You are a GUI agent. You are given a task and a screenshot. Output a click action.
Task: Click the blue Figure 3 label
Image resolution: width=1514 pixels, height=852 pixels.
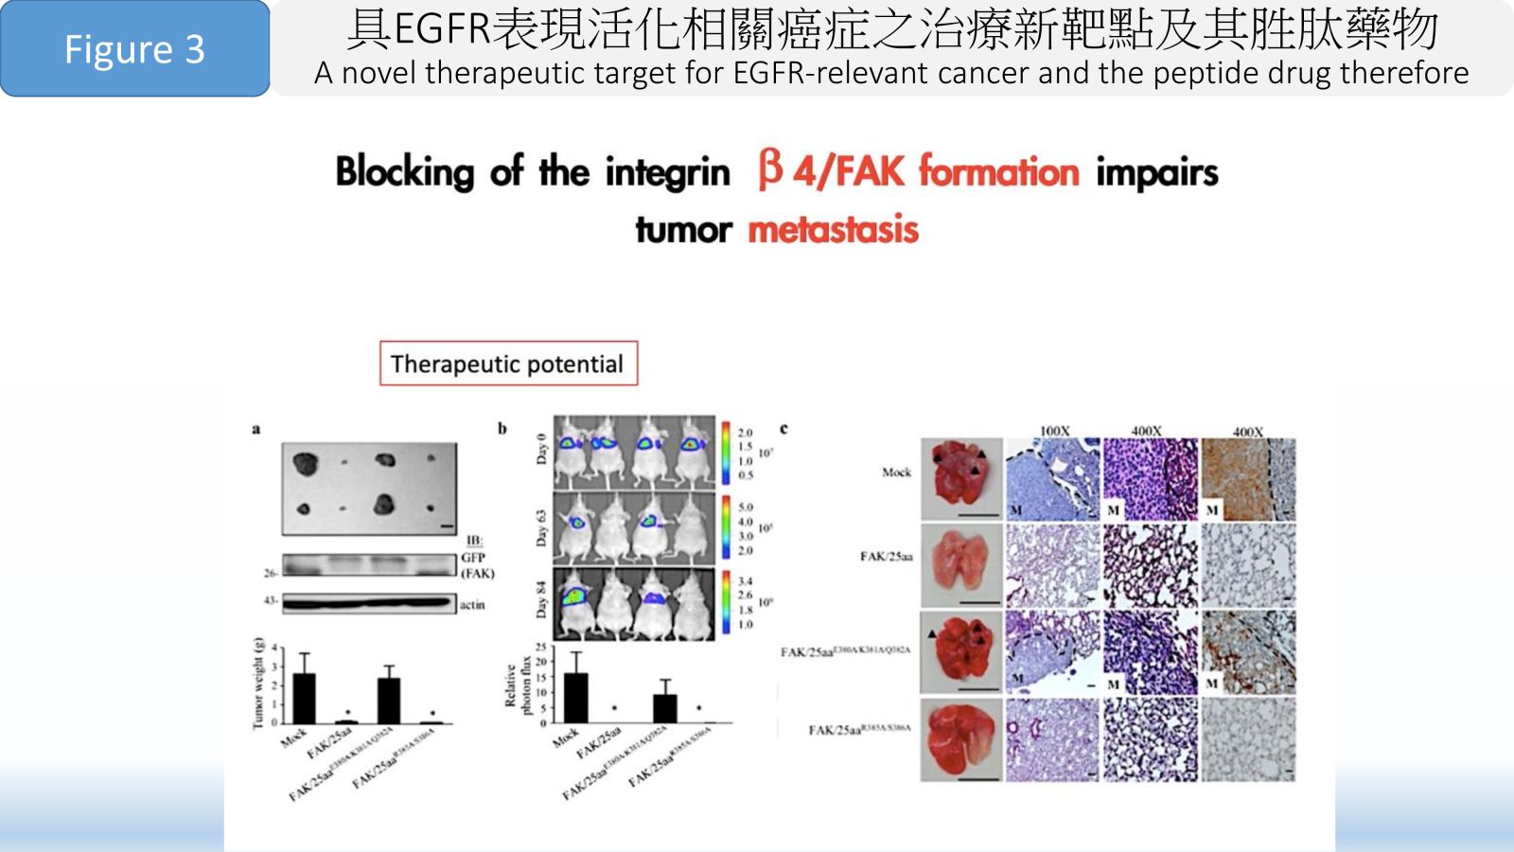pyautogui.click(x=134, y=49)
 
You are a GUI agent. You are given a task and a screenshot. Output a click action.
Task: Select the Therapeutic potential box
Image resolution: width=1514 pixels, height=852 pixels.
pyautogui.click(x=508, y=364)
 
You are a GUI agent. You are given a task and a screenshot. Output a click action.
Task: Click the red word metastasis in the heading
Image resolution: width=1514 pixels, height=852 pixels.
pyautogui.click(x=833, y=229)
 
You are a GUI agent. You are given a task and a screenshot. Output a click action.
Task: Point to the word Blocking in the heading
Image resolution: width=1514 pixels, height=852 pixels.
pyautogui.click(x=405, y=172)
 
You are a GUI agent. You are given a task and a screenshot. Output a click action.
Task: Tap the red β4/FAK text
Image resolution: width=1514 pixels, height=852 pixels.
pyautogui.click(x=830, y=171)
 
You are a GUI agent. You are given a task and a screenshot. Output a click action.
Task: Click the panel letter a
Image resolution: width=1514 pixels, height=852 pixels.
pyautogui.click(x=255, y=430)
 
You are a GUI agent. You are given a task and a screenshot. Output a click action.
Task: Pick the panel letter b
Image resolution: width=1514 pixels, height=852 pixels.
pyautogui.click(x=502, y=429)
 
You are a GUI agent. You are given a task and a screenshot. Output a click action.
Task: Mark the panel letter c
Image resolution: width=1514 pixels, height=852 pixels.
pyautogui.click(x=783, y=429)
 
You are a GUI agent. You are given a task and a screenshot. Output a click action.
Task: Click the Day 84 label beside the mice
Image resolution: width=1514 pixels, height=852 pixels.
pyautogui.click(x=541, y=602)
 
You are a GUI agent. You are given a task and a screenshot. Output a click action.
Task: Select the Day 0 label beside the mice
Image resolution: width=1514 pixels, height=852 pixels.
pyautogui.click(x=541, y=449)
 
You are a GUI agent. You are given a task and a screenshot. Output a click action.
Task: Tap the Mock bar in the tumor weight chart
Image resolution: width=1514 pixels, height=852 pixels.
pyautogui.click(x=304, y=698)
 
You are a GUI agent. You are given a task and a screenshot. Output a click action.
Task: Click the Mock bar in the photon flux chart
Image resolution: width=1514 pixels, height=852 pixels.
pyautogui.click(x=575, y=698)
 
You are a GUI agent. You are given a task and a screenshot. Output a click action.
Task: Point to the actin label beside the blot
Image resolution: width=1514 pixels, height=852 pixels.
pyautogui.click(x=472, y=604)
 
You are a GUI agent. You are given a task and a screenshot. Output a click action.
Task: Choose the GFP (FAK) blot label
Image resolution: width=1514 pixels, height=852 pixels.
pyautogui.click(x=476, y=565)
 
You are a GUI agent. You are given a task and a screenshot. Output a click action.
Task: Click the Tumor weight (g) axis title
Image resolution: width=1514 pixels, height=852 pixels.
pyautogui.click(x=257, y=683)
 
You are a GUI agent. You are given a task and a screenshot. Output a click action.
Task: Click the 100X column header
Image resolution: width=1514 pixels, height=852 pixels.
pyautogui.click(x=1054, y=432)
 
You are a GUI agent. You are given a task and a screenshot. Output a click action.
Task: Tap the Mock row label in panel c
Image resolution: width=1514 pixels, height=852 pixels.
pyautogui.click(x=896, y=471)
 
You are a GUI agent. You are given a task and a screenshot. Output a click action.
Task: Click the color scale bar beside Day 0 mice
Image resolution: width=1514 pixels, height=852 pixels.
pyautogui.click(x=726, y=452)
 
